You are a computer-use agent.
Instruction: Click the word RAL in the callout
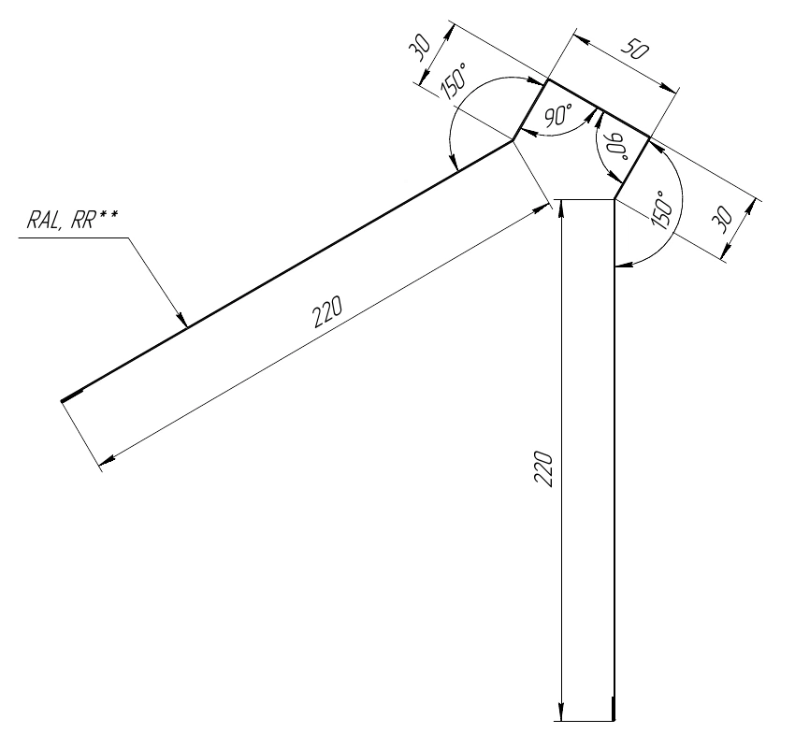click(x=44, y=221)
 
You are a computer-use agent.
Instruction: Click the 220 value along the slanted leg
click(x=327, y=311)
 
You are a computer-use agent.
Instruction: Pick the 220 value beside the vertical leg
click(x=543, y=468)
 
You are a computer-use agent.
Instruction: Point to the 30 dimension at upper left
click(x=420, y=49)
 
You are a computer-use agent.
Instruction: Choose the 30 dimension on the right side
click(x=722, y=219)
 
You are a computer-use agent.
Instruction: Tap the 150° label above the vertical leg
click(x=663, y=210)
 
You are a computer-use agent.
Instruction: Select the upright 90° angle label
click(x=557, y=116)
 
